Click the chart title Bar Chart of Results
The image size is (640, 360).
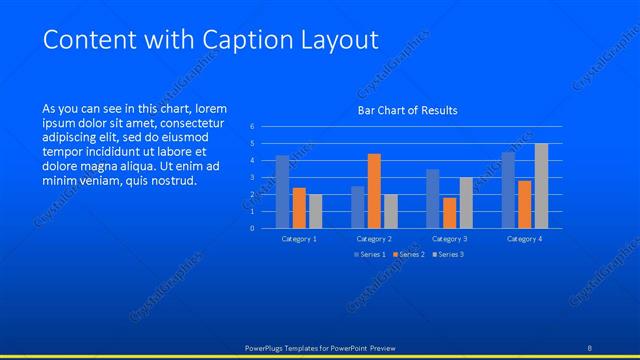point(407,110)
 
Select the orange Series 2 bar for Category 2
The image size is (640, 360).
point(374,190)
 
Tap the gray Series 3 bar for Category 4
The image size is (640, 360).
point(541,185)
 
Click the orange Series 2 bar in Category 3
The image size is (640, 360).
point(449,212)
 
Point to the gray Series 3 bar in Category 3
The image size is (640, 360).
point(466,202)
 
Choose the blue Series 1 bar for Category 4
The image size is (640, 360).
point(508,189)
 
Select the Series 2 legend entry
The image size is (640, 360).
point(410,254)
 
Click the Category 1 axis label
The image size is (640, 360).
point(299,239)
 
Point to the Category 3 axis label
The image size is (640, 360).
point(449,239)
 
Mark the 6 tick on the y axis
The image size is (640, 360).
point(253,127)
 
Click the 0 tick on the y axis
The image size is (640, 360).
point(253,228)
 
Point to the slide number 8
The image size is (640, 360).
point(589,347)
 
